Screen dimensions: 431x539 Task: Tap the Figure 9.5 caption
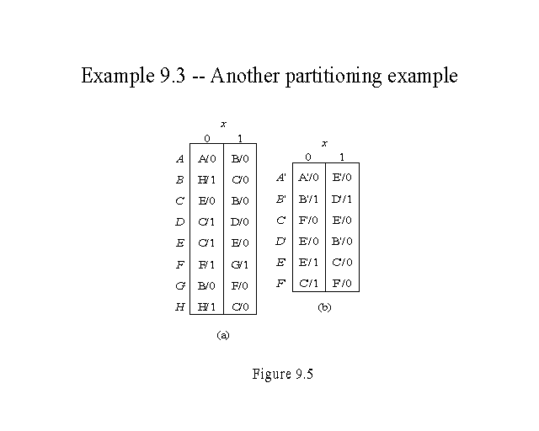pos(282,375)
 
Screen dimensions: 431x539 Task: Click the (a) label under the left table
pos(223,335)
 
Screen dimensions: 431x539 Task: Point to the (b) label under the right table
pos(324,308)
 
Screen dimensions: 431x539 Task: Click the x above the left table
pos(223,125)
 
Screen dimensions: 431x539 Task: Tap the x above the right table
pos(324,144)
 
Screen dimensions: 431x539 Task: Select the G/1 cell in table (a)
pos(240,265)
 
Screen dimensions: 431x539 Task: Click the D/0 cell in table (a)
pos(240,222)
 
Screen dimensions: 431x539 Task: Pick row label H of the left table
pos(179,308)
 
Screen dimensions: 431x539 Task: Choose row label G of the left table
pos(179,286)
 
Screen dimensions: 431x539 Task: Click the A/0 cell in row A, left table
pos(206,158)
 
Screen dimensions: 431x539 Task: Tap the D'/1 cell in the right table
pos(341,199)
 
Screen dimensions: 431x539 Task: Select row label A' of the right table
pos(281,178)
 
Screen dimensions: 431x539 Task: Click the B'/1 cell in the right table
pos(308,199)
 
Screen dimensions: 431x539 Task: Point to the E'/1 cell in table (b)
pos(308,262)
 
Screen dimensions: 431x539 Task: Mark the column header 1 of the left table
pos(240,139)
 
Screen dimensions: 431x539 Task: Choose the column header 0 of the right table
pos(308,157)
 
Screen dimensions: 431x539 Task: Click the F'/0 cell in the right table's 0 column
pos(308,220)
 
